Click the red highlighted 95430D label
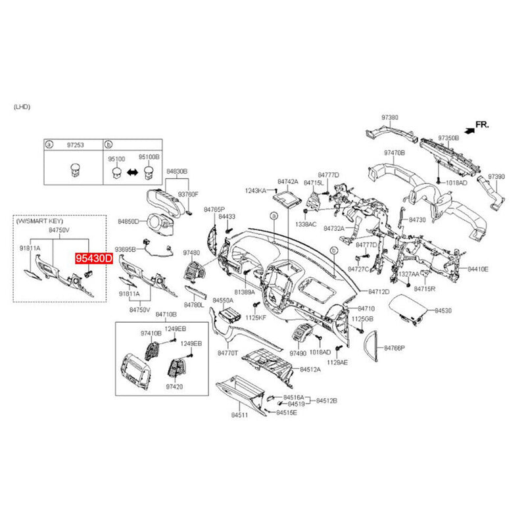(x=93, y=259)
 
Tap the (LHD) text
(x=22, y=106)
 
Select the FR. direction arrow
(x=469, y=130)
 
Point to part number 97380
(x=390, y=118)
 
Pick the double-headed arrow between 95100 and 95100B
(x=131, y=173)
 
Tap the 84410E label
(x=478, y=269)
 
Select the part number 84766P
(x=394, y=347)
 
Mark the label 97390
(x=495, y=177)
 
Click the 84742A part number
(x=287, y=181)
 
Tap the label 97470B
(x=394, y=153)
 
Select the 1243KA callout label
(x=255, y=191)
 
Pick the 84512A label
(x=310, y=370)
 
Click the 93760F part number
(x=189, y=195)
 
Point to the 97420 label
(x=174, y=387)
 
